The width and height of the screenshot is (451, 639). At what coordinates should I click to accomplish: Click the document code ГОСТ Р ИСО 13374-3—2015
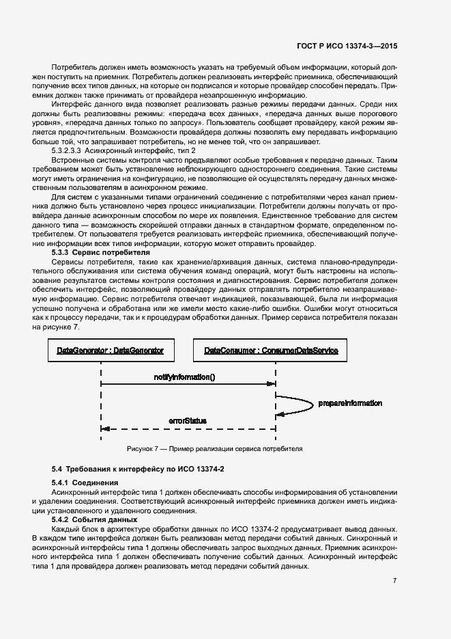[347, 45]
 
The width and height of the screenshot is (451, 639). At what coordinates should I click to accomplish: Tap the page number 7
[395, 581]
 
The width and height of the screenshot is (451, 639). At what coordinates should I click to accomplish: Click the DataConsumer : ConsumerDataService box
[271, 351]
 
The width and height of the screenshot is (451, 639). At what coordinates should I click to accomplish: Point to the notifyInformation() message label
[184, 377]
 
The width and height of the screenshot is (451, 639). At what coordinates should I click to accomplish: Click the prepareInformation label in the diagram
[350, 403]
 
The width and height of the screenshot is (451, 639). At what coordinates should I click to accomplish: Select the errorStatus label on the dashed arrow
[187, 420]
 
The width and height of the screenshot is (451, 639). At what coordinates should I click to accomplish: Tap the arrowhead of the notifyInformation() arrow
[272, 385]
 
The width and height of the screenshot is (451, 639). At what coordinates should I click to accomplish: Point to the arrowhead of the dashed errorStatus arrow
[105, 429]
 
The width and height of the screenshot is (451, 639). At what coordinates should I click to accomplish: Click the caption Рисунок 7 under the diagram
[214, 449]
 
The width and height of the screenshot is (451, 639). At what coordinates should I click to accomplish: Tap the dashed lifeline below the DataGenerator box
[101, 403]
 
